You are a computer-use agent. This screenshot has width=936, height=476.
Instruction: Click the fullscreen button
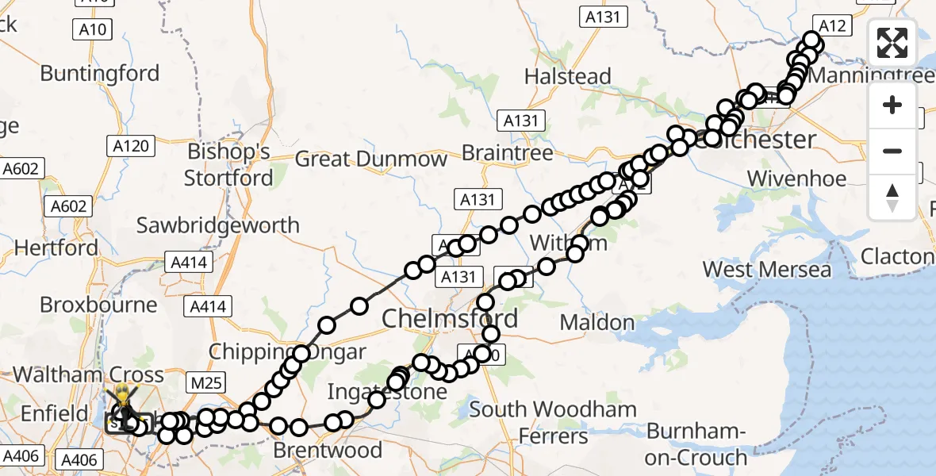pos(892,43)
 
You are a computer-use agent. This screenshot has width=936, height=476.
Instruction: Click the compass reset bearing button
pos(892,197)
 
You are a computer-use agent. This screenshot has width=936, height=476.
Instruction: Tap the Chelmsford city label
pos(450,319)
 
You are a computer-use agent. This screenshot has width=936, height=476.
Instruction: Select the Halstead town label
pos(568,77)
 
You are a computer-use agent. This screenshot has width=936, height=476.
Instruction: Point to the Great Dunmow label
pos(371,159)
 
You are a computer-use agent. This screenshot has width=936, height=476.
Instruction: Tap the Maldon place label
pos(597,323)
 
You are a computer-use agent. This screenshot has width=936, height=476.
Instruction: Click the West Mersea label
pos(767,270)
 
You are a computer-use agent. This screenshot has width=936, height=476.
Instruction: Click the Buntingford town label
pos(100,74)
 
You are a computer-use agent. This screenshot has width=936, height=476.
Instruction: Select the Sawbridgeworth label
pos(218,225)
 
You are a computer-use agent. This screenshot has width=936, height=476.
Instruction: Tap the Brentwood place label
pos(328,451)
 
